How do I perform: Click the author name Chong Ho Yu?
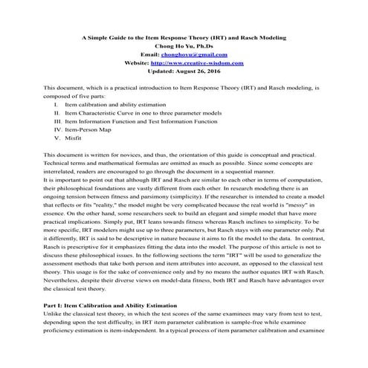(x=183, y=45)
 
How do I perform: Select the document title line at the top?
(x=184, y=36)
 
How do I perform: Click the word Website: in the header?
(x=141, y=63)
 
